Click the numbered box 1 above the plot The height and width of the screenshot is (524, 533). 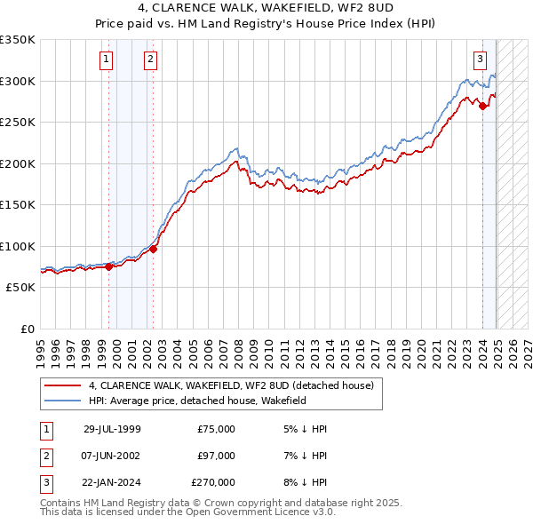[x=106, y=60]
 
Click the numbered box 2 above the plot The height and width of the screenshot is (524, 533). [x=150, y=60]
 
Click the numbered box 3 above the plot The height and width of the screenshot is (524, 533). [x=480, y=60]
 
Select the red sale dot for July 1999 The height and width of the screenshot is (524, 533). [x=109, y=266]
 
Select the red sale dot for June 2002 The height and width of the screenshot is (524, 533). [x=153, y=249]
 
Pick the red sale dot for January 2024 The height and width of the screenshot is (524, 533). [x=482, y=107]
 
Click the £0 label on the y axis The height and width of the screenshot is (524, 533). [x=26, y=329]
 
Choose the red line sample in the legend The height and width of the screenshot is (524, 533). [x=62, y=385]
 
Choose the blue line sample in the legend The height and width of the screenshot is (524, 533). [x=62, y=401]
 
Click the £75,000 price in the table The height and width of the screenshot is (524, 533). [x=216, y=429]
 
